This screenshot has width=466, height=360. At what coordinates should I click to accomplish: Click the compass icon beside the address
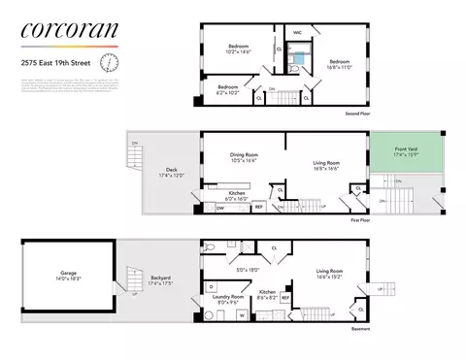coord(111,63)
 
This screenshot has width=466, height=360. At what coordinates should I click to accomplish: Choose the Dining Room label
coord(237,160)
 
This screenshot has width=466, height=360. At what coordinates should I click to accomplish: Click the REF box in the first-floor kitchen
coord(259,207)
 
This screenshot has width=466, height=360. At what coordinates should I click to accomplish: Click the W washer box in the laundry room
coord(241,315)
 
